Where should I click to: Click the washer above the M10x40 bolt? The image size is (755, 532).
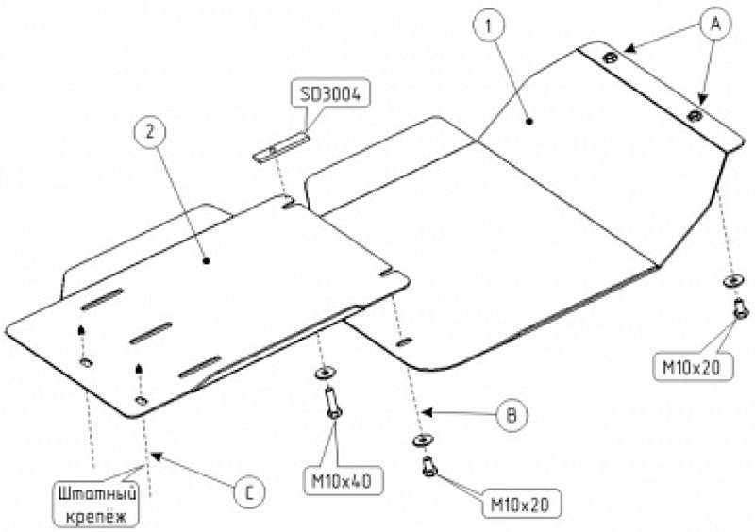(x=327, y=373)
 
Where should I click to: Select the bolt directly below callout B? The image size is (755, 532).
(x=429, y=465)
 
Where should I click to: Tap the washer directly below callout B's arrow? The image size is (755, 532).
(x=419, y=441)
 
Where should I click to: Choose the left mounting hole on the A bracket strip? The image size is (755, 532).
(x=611, y=58)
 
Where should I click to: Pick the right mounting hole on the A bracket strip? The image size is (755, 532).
(x=695, y=115)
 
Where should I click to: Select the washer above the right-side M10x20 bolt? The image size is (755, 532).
(x=732, y=280)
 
